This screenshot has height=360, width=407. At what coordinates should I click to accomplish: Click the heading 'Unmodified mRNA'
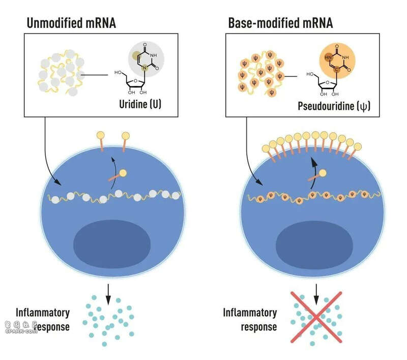(71, 23)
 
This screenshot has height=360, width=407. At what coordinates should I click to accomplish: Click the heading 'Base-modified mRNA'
(280, 23)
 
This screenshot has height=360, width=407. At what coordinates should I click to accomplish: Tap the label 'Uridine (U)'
(140, 104)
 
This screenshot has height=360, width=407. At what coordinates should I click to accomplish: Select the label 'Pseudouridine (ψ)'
(334, 106)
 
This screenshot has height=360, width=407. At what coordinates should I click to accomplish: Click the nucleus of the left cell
(112, 244)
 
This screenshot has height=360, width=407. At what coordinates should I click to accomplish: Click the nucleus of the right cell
(314, 245)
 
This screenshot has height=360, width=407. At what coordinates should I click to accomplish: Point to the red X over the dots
(316, 317)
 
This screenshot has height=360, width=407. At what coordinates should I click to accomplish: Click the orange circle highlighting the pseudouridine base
(337, 61)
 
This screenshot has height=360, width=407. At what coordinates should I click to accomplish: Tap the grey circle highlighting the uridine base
(146, 59)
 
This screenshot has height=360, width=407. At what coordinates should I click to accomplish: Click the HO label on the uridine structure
(118, 72)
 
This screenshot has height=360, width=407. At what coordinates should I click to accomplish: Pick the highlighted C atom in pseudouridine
(337, 69)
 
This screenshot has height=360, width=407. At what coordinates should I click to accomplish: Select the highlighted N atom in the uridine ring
(144, 68)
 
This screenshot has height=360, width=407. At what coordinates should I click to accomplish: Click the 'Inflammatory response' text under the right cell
(250, 319)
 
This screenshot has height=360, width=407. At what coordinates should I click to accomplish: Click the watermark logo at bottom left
(21, 327)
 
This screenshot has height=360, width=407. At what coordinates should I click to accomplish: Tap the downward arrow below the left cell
(108, 294)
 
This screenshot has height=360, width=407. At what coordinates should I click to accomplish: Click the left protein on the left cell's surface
(101, 142)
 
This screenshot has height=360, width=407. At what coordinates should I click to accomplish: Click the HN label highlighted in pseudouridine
(328, 58)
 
